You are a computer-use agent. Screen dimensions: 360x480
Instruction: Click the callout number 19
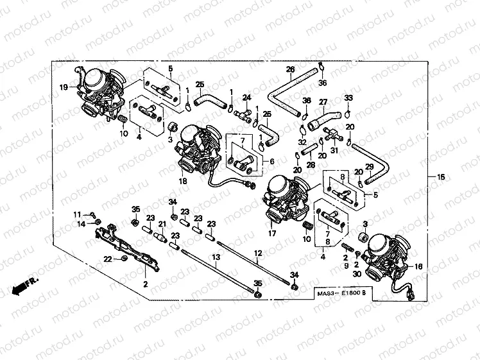click(x=64, y=87)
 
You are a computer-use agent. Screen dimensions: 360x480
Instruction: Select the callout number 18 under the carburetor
click(x=183, y=182)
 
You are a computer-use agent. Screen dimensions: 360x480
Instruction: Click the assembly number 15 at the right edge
click(x=440, y=177)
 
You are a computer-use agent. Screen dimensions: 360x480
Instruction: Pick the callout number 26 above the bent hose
click(x=290, y=69)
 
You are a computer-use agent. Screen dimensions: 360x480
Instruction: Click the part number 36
click(x=323, y=83)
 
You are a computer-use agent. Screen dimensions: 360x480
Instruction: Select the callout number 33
click(x=348, y=98)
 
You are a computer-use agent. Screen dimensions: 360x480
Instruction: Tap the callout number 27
click(x=323, y=101)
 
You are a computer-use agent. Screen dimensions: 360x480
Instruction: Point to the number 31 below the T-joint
click(x=334, y=151)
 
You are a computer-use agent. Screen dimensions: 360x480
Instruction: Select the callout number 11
click(x=76, y=214)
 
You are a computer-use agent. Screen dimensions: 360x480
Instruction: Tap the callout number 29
click(x=369, y=167)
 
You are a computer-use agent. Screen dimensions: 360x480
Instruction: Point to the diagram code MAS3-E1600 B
click(x=342, y=294)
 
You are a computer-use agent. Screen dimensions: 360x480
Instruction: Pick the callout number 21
click(x=162, y=223)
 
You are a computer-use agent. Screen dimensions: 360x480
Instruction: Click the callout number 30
click(x=356, y=275)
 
